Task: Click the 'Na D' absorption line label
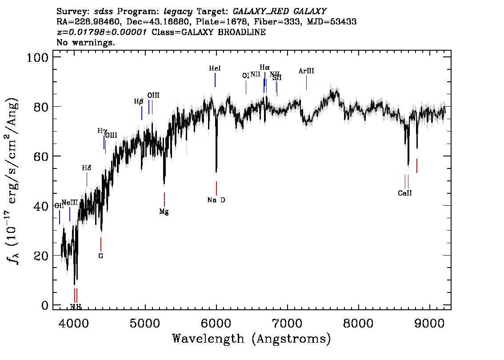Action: [x=216, y=200]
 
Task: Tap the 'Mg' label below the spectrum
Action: [x=164, y=212]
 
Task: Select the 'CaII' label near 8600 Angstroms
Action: [x=405, y=193]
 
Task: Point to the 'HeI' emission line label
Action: [x=215, y=69]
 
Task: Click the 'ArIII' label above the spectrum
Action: [x=306, y=71]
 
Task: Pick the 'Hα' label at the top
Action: [x=264, y=67]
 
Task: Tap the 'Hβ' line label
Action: [x=139, y=101]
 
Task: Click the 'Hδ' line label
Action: [x=87, y=168]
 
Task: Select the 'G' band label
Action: [x=101, y=256]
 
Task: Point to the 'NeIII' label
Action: [x=70, y=203]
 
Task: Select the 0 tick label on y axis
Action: [x=44, y=305]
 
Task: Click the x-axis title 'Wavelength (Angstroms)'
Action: [x=252, y=339]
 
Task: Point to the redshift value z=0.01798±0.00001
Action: [x=102, y=32]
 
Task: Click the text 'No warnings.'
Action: [x=86, y=43]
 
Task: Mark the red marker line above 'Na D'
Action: [x=216, y=188]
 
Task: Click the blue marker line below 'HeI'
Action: [x=215, y=80]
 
